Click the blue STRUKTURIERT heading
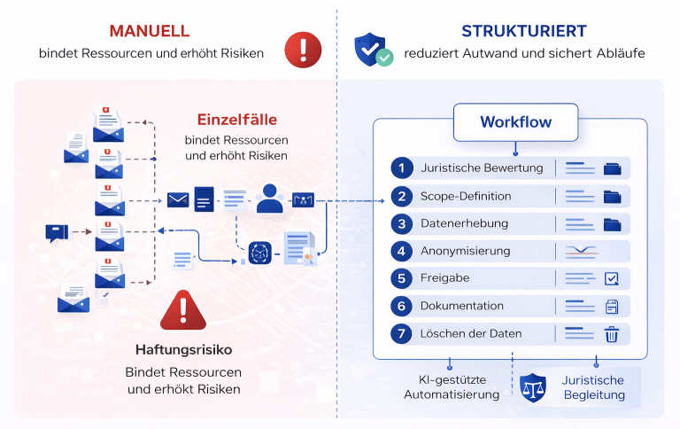tap(523, 31)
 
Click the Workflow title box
tap(515, 122)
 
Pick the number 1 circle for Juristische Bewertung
tap(403, 168)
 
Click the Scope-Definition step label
tap(466, 196)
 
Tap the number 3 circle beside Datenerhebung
tap(403, 223)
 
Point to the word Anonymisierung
tap(466, 251)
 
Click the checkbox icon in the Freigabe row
tap(612, 278)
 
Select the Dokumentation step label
tap(461, 306)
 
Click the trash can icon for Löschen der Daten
tap(611, 334)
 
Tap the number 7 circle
tap(403, 334)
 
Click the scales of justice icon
tap(533, 386)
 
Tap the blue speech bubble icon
tap(56, 233)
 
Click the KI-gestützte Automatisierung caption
tap(452, 387)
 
